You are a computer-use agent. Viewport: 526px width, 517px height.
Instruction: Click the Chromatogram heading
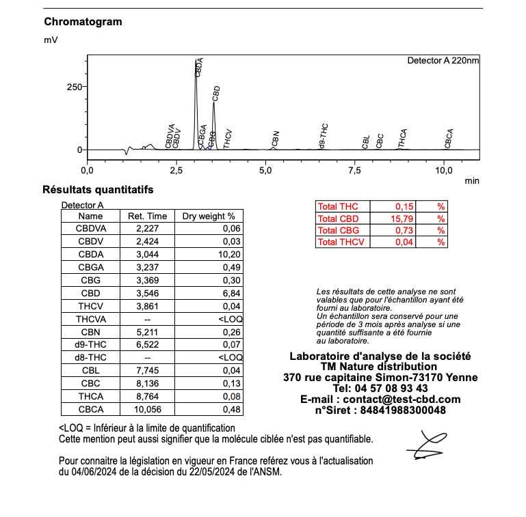tap(83, 21)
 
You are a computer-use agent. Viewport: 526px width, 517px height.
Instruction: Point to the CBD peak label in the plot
tap(216, 94)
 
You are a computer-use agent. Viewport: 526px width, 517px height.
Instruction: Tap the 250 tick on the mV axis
tap(73, 87)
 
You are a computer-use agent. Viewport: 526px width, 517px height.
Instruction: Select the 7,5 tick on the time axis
tap(355, 169)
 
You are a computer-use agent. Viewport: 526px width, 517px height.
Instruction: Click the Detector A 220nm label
tap(443, 61)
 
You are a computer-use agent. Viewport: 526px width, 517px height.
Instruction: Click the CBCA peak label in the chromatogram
tap(449, 139)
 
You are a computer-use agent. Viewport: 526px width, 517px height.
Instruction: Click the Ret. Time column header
tap(147, 216)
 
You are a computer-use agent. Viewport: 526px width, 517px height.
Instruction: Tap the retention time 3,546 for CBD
tap(147, 293)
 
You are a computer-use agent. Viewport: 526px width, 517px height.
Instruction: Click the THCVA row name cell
tap(90, 319)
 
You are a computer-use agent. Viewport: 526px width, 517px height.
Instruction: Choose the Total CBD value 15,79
tap(403, 219)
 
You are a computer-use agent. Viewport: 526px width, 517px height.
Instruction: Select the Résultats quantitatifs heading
tap(97, 189)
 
